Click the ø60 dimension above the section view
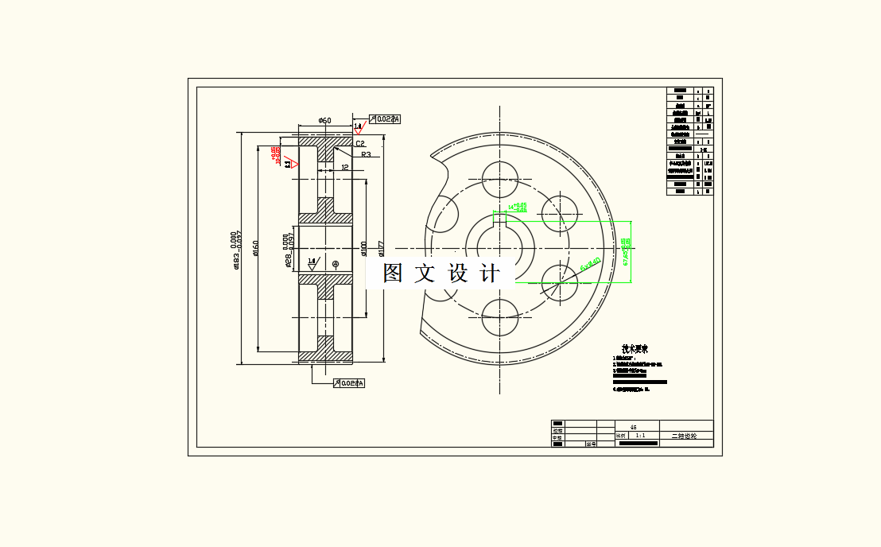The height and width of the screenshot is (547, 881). pos(324,120)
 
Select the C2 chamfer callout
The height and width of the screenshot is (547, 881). pos(360,144)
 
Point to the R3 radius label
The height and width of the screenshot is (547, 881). pos(366,155)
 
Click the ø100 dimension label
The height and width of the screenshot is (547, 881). pos(363,249)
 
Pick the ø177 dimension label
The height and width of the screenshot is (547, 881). pos(382,249)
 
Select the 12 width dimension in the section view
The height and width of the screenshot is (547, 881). pos(345,167)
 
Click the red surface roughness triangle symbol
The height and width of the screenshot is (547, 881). pos(293,164)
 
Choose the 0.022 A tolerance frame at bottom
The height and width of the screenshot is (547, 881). pos(351,383)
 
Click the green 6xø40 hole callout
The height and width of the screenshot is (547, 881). pos(591,263)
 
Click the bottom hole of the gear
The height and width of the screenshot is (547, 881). pos(500,320)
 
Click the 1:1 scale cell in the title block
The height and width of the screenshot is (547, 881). pos(639,436)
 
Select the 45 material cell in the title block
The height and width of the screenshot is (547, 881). pos(633,427)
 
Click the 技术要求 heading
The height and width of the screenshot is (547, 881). pos(635,349)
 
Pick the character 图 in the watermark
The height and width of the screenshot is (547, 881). pos(393,273)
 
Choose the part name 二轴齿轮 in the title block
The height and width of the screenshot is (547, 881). pos(684,436)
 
